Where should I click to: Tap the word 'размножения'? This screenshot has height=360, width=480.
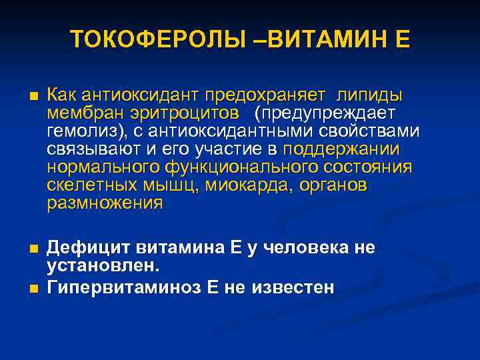pos(105,203)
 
